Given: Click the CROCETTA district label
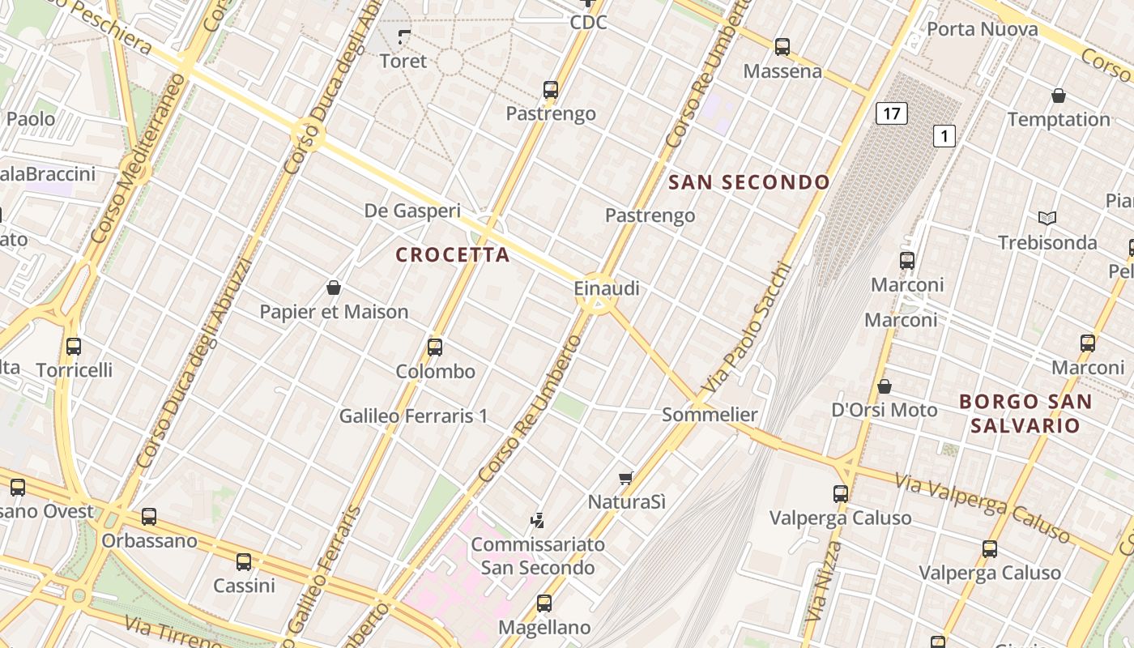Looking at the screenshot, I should tap(453, 254).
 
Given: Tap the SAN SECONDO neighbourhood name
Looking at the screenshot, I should tap(749, 182).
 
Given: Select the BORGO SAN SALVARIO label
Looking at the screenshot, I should tap(1025, 413).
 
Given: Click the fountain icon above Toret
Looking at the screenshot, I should tap(404, 36).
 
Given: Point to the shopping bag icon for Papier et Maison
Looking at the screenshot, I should tap(333, 288).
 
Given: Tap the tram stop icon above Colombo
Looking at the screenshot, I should tap(435, 347).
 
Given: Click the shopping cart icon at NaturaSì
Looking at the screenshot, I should tap(625, 478).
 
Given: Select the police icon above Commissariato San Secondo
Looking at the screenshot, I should tap(537, 520).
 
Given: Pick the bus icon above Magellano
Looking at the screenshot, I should tap(544, 603).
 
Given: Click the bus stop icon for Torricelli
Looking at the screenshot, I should tap(74, 347).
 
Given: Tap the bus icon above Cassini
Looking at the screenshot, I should tap(244, 561).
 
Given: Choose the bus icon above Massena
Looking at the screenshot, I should tap(782, 47).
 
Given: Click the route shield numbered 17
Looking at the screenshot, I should tap(891, 113).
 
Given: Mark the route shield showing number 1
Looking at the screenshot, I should tap(944, 135).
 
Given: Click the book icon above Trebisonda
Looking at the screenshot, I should tap(1047, 218).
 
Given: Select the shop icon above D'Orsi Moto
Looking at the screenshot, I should tap(885, 386).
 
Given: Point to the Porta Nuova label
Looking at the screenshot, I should tap(982, 29).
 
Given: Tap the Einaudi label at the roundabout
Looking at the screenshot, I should tap(607, 288).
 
